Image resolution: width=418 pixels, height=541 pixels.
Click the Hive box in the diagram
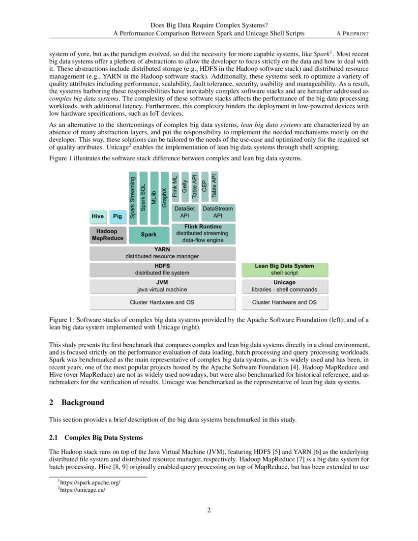[x=97, y=216]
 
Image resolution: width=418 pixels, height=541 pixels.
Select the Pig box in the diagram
[x=117, y=216]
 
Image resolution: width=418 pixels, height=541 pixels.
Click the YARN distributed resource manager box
[x=162, y=253]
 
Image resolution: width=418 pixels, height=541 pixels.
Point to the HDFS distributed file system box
[x=162, y=269]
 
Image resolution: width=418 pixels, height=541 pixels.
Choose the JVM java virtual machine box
[x=162, y=286]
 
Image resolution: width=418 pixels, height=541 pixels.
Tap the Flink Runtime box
[x=203, y=233]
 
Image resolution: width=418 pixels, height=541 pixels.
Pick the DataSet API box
[x=185, y=212]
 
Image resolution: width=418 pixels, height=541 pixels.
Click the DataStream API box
[x=217, y=212]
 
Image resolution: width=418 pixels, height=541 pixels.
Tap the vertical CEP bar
[x=204, y=186]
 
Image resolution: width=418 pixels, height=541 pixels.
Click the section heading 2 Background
[x=77, y=402]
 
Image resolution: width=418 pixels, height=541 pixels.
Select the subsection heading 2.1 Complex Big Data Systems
[x=96, y=437]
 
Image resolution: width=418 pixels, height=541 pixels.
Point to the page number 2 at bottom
[x=209, y=510]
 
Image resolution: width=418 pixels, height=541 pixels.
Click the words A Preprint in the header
[x=353, y=33]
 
